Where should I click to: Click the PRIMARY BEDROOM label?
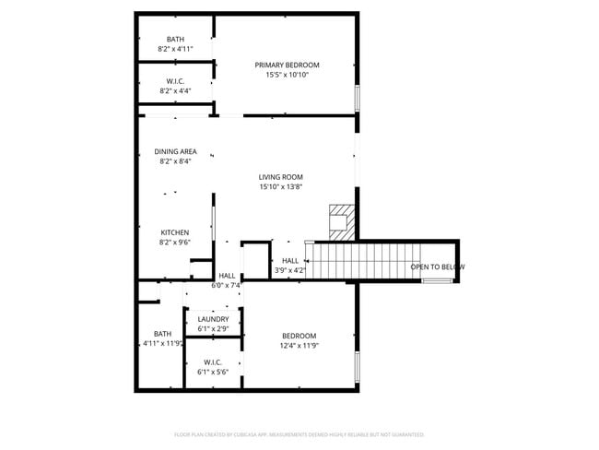(287, 65)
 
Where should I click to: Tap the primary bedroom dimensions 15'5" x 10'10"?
(287, 75)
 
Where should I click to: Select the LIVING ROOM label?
(280, 177)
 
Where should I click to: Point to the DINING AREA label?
(175, 151)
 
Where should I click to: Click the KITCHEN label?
(175, 232)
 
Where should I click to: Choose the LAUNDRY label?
(213, 319)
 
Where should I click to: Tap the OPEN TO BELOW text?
(437, 267)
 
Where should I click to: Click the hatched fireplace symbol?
(341, 221)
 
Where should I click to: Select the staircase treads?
(359, 259)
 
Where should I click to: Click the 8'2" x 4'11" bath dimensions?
(175, 49)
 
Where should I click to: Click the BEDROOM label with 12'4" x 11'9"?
(299, 336)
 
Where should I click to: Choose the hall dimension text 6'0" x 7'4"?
(226, 286)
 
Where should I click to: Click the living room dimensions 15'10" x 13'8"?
(280, 187)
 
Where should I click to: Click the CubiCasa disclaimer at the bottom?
(299, 434)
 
